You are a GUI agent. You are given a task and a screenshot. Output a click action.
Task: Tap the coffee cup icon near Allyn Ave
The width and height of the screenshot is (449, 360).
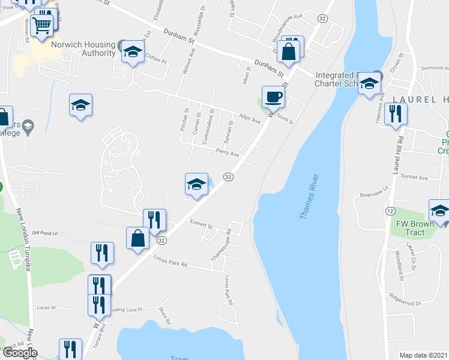click(273, 97)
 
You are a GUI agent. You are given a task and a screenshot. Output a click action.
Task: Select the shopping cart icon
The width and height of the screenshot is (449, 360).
click(41, 26)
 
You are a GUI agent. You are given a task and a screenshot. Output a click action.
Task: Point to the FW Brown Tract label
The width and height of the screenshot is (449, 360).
click(415, 228)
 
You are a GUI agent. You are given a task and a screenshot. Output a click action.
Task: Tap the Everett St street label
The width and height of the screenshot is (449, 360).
click(202, 226)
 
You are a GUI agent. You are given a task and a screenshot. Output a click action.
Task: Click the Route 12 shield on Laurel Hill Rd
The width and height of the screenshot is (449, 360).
click(390, 211)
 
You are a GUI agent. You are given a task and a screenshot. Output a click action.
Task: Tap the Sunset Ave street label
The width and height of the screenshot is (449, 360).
click(415, 178)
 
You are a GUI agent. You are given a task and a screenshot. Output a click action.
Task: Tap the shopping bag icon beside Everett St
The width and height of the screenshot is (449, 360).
click(138, 238)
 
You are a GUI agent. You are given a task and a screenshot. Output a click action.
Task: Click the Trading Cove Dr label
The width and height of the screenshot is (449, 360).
click(124, 310)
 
